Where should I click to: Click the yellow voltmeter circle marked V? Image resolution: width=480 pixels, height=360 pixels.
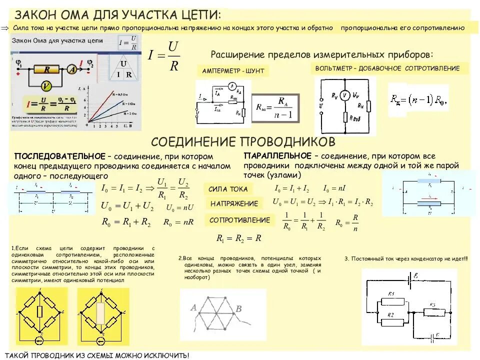click(x=46, y=86)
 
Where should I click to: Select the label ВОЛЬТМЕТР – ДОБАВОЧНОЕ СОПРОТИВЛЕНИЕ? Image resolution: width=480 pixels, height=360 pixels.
click(x=391, y=68)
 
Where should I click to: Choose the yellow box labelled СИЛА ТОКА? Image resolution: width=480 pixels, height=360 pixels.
click(x=228, y=189)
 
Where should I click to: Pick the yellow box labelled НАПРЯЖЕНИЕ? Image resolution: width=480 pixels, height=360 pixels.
click(x=234, y=203)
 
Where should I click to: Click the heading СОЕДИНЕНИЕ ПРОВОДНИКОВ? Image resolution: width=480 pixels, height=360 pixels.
click(x=242, y=140)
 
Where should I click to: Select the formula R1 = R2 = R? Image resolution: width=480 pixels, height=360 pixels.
click(x=239, y=238)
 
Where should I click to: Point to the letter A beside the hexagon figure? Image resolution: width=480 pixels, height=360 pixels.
click(x=193, y=307)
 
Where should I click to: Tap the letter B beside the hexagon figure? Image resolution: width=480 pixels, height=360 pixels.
click(x=239, y=309)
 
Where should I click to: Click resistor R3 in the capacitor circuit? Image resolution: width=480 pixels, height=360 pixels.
click(x=433, y=311)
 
